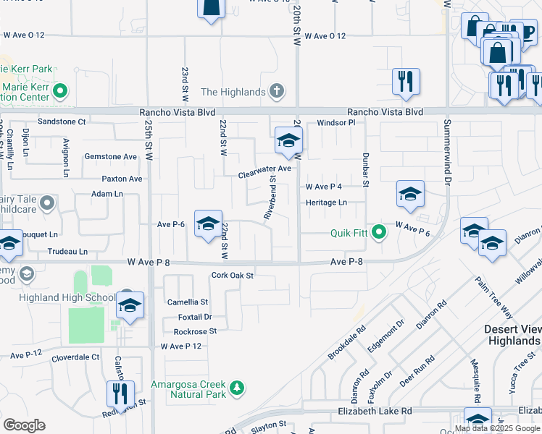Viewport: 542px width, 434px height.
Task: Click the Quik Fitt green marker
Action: [x=379, y=232]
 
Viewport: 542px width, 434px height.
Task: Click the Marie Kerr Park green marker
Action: [x=60, y=92]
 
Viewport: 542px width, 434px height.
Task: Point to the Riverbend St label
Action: [x=269, y=197]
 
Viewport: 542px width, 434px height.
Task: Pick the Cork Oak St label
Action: [x=233, y=276]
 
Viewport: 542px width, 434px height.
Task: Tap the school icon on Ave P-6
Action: [x=208, y=225]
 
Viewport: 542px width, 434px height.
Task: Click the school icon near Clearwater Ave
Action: [x=288, y=140]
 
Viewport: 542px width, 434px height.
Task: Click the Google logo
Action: [x=24, y=425]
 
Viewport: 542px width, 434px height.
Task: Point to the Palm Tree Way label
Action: [x=495, y=296]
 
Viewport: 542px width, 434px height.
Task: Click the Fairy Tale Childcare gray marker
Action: [x=47, y=203]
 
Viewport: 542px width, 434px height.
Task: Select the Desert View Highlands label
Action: [x=512, y=334]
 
